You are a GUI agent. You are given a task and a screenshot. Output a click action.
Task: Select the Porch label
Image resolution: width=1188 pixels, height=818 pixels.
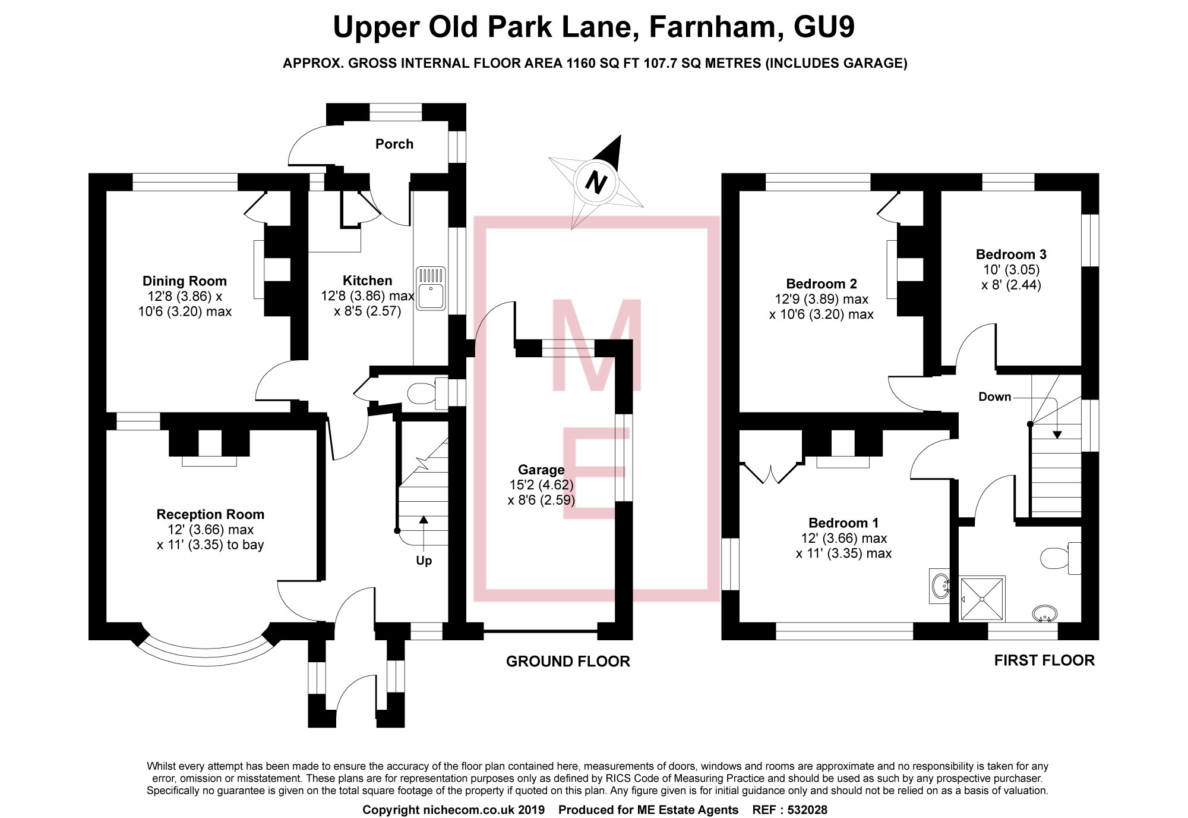pyautogui.click(x=394, y=144)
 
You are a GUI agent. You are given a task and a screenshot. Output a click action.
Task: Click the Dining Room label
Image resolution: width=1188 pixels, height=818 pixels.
pyautogui.click(x=185, y=281)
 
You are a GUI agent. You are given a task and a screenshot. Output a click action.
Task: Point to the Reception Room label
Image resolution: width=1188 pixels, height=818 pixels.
pyautogui.click(x=210, y=514)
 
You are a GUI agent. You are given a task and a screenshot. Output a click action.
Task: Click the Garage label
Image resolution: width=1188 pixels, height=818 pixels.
pyautogui.click(x=541, y=470)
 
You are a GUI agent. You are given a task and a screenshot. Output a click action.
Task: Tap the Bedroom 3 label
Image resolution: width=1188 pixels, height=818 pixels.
pyautogui.click(x=1011, y=254)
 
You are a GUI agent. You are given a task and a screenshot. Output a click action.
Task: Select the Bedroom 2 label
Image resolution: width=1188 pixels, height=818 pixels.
pyautogui.click(x=822, y=284)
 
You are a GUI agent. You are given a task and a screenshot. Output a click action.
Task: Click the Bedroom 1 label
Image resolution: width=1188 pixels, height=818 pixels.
pyautogui.click(x=843, y=523)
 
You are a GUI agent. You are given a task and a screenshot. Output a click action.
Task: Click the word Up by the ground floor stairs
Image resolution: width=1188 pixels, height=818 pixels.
pyautogui.click(x=424, y=561)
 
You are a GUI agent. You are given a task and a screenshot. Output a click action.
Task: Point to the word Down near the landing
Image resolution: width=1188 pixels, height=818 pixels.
pyautogui.click(x=994, y=397)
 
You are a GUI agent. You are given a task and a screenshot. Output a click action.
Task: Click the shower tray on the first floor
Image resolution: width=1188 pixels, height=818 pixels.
pyautogui.click(x=982, y=599)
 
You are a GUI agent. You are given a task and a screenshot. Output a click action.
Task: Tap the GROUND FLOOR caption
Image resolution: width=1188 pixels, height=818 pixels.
pyautogui.click(x=568, y=661)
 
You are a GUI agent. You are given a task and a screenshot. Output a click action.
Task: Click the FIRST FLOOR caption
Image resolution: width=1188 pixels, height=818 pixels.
pyautogui.click(x=1044, y=660)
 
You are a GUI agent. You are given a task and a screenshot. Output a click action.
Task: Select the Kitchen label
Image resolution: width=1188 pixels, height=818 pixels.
pyautogui.click(x=367, y=281)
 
